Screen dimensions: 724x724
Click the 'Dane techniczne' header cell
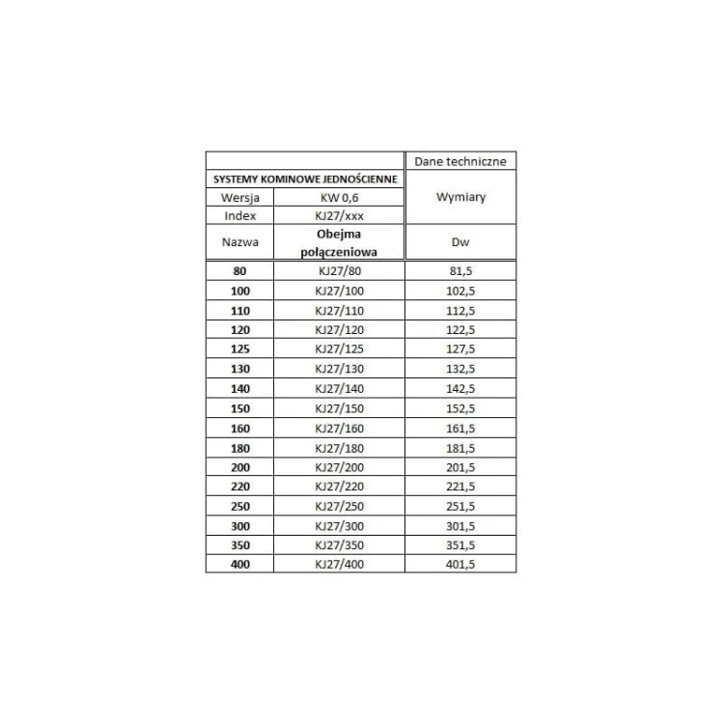[459, 161]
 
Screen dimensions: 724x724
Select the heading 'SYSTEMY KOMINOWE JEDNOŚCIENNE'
[305, 180]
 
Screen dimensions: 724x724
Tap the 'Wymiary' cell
[459, 197]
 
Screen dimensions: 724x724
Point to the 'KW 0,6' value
[338, 198]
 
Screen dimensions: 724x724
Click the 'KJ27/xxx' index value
[338, 215]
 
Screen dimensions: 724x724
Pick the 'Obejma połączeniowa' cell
[338, 242]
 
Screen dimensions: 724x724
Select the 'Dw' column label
[459, 242]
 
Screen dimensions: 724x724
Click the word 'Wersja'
[239, 198]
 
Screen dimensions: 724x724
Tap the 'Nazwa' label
[239, 242]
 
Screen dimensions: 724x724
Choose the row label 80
[239, 271]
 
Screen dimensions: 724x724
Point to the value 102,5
[459, 291]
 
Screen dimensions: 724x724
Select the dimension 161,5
[459, 428]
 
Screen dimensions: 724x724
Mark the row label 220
[239, 487]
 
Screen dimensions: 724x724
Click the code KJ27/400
[338, 564]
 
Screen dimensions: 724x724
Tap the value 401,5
[459, 564]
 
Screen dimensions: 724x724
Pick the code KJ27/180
[338, 447]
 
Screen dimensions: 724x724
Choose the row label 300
[239, 525]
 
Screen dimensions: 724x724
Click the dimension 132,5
[459, 369]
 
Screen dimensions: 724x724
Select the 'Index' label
[239, 215]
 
